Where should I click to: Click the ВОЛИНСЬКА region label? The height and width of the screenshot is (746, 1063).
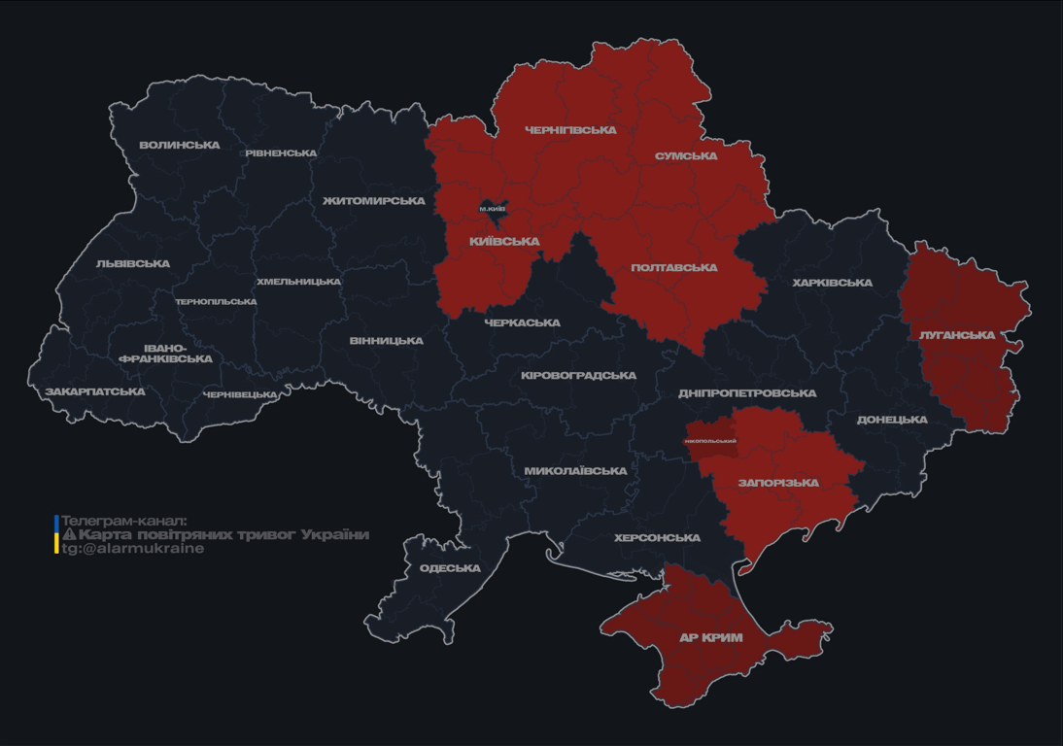point(180,146)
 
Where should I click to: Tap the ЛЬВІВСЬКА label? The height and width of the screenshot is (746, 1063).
point(133,264)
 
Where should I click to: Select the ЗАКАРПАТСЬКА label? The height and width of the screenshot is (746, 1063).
point(95,392)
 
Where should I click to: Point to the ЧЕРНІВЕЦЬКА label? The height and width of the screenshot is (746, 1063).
point(240,395)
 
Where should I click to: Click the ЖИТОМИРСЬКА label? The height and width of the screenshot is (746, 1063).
point(374,201)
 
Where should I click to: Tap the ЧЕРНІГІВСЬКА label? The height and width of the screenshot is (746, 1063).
point(570,130)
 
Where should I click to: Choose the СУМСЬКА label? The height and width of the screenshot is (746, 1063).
point(686,156)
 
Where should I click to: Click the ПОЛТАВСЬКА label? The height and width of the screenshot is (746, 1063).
point(674,268)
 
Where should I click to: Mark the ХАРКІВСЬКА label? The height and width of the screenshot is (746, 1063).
point(832,284)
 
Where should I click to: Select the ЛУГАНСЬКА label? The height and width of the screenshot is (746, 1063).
point(957,335)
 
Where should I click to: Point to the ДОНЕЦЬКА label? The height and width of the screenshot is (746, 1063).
point(892,421)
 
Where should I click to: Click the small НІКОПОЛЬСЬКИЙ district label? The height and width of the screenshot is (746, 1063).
point(710,441)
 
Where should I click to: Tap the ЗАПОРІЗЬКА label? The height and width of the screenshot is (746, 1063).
point(778,483)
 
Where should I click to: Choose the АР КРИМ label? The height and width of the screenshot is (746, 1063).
point(710,638)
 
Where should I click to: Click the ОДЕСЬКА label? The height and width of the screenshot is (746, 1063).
point(450,569)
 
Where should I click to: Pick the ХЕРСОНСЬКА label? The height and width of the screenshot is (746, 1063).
point(657,538)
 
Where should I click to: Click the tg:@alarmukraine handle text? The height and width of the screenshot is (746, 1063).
point(133,549)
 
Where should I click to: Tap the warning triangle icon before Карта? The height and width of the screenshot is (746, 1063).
point(69,534)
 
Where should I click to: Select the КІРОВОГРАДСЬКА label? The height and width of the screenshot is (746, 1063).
point(578,376)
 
